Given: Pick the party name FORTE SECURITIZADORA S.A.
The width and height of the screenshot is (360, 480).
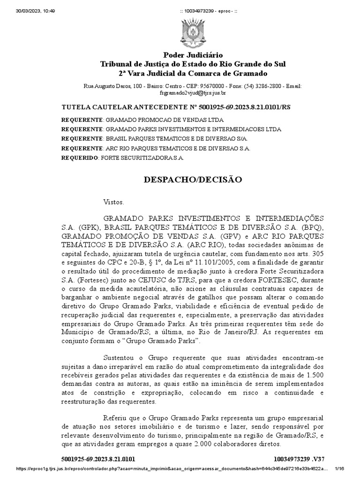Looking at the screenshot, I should pos(142,157).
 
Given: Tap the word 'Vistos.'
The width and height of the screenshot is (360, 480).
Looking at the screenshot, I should pos(113,202).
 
